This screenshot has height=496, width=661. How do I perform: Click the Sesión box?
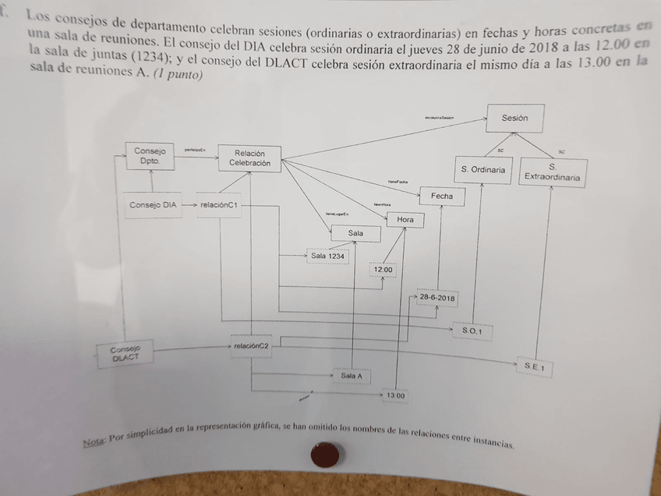click(x=514, y=119)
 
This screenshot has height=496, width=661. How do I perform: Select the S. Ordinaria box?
click(x=482, y=170)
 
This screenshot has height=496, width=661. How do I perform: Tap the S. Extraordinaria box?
click(x=552, y=172)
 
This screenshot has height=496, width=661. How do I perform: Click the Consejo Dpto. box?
click(x=149, y=155)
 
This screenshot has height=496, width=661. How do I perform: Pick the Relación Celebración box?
click(x=249, y=158)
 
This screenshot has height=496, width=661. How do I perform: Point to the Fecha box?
click(x=441, y=197)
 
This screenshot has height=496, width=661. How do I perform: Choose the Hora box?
click(x=405, y=220)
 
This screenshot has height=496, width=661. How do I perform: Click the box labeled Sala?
click(x=355, y=233)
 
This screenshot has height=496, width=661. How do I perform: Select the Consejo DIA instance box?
click(x=153, y=205)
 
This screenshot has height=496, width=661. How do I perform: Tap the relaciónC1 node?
click(x=219, y=205)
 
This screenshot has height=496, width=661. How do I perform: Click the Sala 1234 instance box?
click(x=327, y=256)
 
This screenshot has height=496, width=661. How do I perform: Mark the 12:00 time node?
click(x=383, y=270)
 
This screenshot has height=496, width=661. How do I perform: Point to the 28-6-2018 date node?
click(x=437, y=298)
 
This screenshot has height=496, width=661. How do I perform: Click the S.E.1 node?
click(x=534, y=366)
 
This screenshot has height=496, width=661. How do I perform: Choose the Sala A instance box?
click(x=352, y=376)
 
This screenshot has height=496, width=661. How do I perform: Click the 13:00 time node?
click(x=395, y=396)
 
